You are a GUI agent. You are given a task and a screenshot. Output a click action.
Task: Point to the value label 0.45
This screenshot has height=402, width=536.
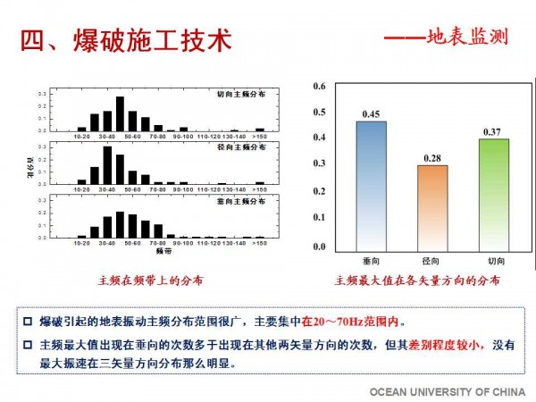coord(372,113)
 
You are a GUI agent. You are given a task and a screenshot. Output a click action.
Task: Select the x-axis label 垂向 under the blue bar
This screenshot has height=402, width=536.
coord(371,261)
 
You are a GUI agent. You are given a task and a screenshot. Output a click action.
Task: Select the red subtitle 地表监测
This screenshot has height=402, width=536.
coord(467,38)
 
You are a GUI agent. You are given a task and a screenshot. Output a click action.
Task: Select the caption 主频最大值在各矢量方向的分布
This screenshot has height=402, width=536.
coord(417,281)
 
